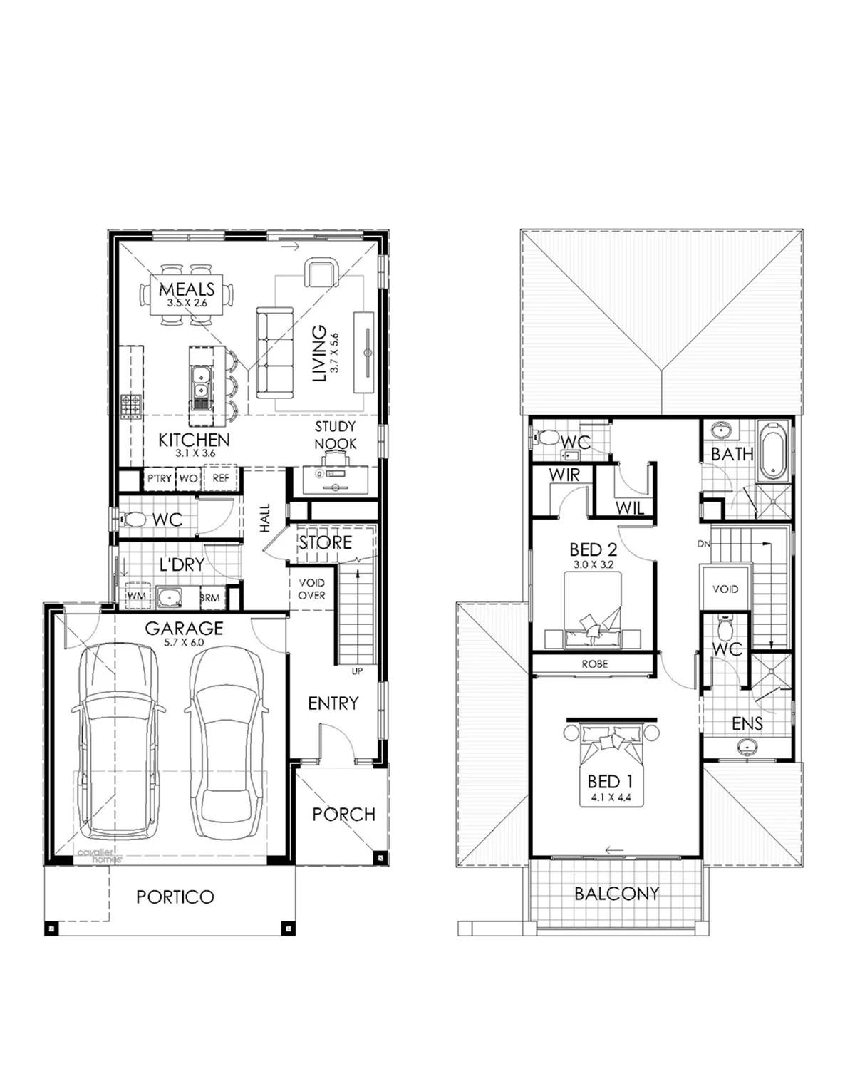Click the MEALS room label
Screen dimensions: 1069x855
tap(187, 289)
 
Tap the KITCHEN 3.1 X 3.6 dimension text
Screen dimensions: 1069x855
tap(195, 453)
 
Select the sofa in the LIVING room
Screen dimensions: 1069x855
tap(275, 352)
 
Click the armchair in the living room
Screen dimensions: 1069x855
tap(321, 273)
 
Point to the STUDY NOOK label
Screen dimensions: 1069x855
tap(335, 435)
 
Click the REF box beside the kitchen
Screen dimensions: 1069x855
tap(222, 478)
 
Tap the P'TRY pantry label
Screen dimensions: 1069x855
tap(160, 478)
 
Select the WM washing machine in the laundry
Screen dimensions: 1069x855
tap(136, 595)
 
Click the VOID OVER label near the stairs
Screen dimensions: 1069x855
tap(311, 589)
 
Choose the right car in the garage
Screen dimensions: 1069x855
tap(227, 741)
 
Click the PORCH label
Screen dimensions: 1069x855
tap(343, 814)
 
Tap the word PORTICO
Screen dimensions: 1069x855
tap(175, 897)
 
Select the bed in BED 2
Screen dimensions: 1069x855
tap(593, 611)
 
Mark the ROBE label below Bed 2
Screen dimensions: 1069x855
tap(594, 663)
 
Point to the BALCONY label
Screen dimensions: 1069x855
tap(617, 893)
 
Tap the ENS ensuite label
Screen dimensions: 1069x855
tap(747, 724)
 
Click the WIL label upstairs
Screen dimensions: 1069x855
tap(629, 507)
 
